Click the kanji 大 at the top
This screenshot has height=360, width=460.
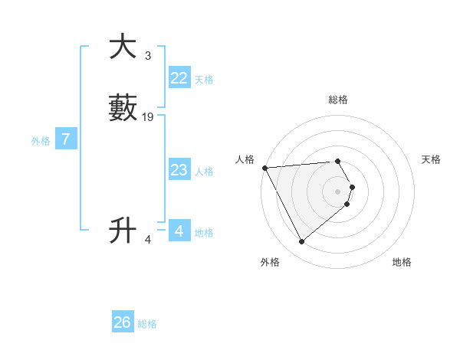tap(123, 47)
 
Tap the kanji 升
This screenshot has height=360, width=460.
tap(123, 230)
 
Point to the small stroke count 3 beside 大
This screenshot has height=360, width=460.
tap(147, 56)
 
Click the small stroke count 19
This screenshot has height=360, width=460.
tap(148, 117)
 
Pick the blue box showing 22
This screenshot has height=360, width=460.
tap(179, 78)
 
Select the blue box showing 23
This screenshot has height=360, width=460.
tap(179, 170)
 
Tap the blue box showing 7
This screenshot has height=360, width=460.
tap(66, 139)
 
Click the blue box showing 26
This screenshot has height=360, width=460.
tap(123, 322)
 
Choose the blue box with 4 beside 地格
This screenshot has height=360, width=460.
tap(179, 231)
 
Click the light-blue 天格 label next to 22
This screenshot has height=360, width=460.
tap(204, 80)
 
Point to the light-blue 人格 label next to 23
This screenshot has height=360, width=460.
tap(204, 172)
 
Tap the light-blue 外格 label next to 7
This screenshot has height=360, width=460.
tap(41, 141)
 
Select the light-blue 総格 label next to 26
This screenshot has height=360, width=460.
tap(147, 324)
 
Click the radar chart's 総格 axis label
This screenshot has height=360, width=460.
tap(337, 100)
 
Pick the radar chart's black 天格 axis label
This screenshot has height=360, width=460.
tap(431, 159)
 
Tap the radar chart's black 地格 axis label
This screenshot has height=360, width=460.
tap(402, 262)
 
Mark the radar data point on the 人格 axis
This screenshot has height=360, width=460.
tap(264, 167)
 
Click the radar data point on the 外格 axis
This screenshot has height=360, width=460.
tap(301, 242)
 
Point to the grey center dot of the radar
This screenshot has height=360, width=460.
tap(337, 191)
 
